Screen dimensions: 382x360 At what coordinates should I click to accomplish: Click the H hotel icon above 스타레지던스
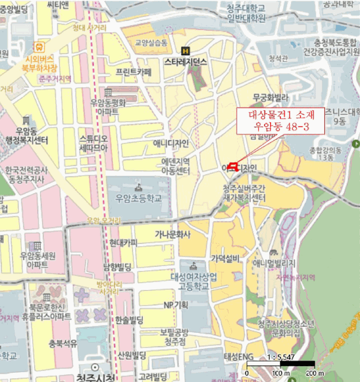pos(185,51)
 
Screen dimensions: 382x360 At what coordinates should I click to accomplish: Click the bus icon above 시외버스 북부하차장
pos(39,46)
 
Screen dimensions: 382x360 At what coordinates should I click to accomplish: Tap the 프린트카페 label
pos(134,71)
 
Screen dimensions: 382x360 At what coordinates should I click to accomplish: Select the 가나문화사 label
pos(172,235)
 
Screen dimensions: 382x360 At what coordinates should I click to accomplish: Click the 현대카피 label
pos(123,243)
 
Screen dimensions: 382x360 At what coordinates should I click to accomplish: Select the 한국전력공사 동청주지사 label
pos(25,175)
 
